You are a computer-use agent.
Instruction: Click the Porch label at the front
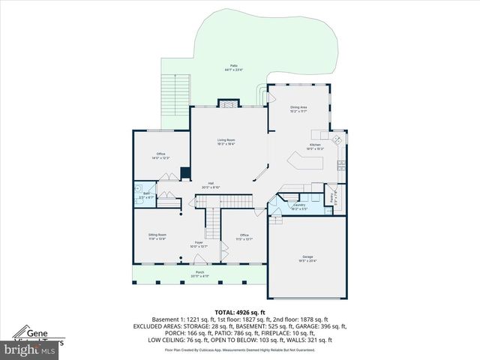200,274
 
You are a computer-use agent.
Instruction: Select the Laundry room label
298,205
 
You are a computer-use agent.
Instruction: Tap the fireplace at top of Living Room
227,104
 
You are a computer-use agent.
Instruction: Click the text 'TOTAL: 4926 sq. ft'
240,311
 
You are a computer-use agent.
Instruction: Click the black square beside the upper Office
184,175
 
